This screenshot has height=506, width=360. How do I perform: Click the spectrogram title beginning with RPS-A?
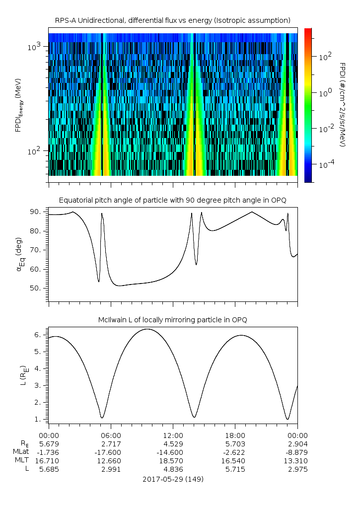pos(173,20)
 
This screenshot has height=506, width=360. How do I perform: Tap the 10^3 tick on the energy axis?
pos(37,47)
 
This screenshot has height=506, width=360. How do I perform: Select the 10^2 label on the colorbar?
pos(325,57)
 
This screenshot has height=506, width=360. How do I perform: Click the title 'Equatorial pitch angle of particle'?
pos(173,200)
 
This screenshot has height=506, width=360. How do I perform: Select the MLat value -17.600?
pos(111,452)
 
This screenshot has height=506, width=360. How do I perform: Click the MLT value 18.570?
pos(173,460)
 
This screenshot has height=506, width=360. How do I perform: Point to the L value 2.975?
pos(297,469)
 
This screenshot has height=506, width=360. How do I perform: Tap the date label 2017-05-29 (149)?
pos(173,479)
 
